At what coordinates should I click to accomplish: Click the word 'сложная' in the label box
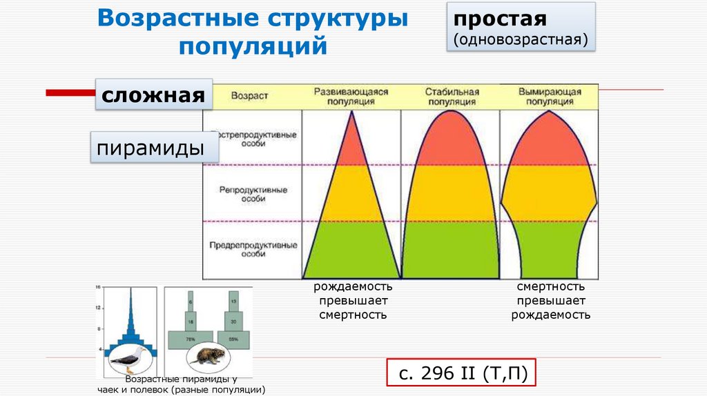(x=153, y=95)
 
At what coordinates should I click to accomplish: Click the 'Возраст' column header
(x=249, y=97)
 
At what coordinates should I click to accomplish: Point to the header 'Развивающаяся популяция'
(x=351, y=96)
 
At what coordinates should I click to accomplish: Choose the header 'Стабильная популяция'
(x=452, y=96)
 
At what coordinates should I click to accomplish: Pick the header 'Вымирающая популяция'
(x=549, y=96)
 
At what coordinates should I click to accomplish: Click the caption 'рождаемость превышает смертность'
(x=353, y=301)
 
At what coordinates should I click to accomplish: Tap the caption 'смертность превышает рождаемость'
(x=550, y=301)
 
